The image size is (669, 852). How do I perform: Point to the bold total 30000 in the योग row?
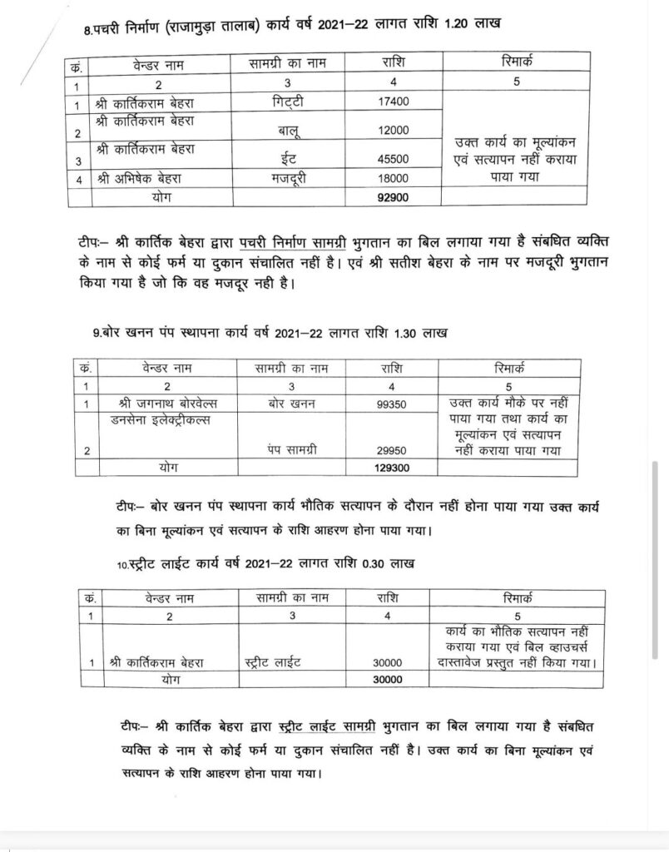[388, 680]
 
